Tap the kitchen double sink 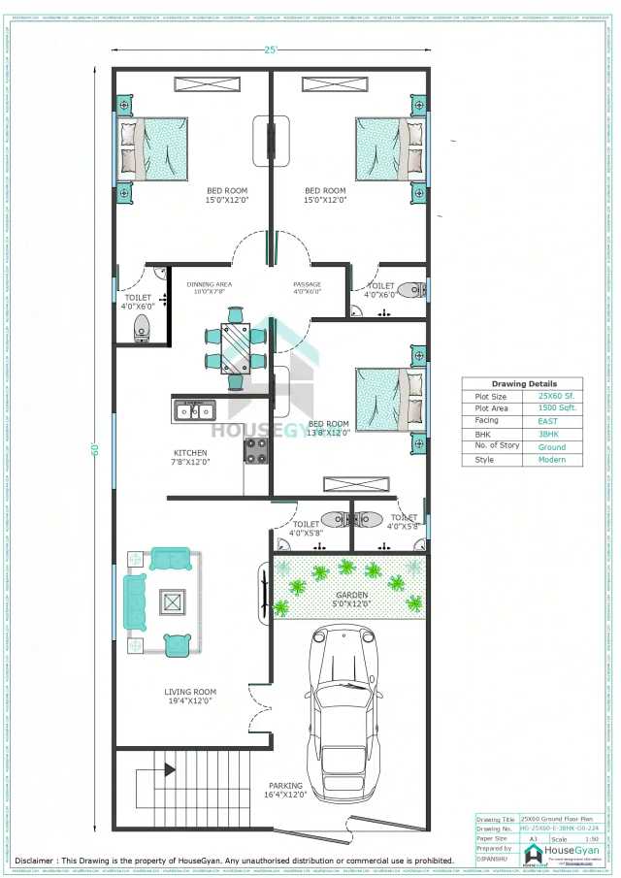tap(194, 411)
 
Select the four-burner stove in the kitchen tap(256, 450)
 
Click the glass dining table tap(235, 347)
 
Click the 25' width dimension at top tap(269, 49)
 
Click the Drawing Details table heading tap(524, 384)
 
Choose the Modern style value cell tap(552, 460)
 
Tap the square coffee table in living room tap(172, 603)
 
